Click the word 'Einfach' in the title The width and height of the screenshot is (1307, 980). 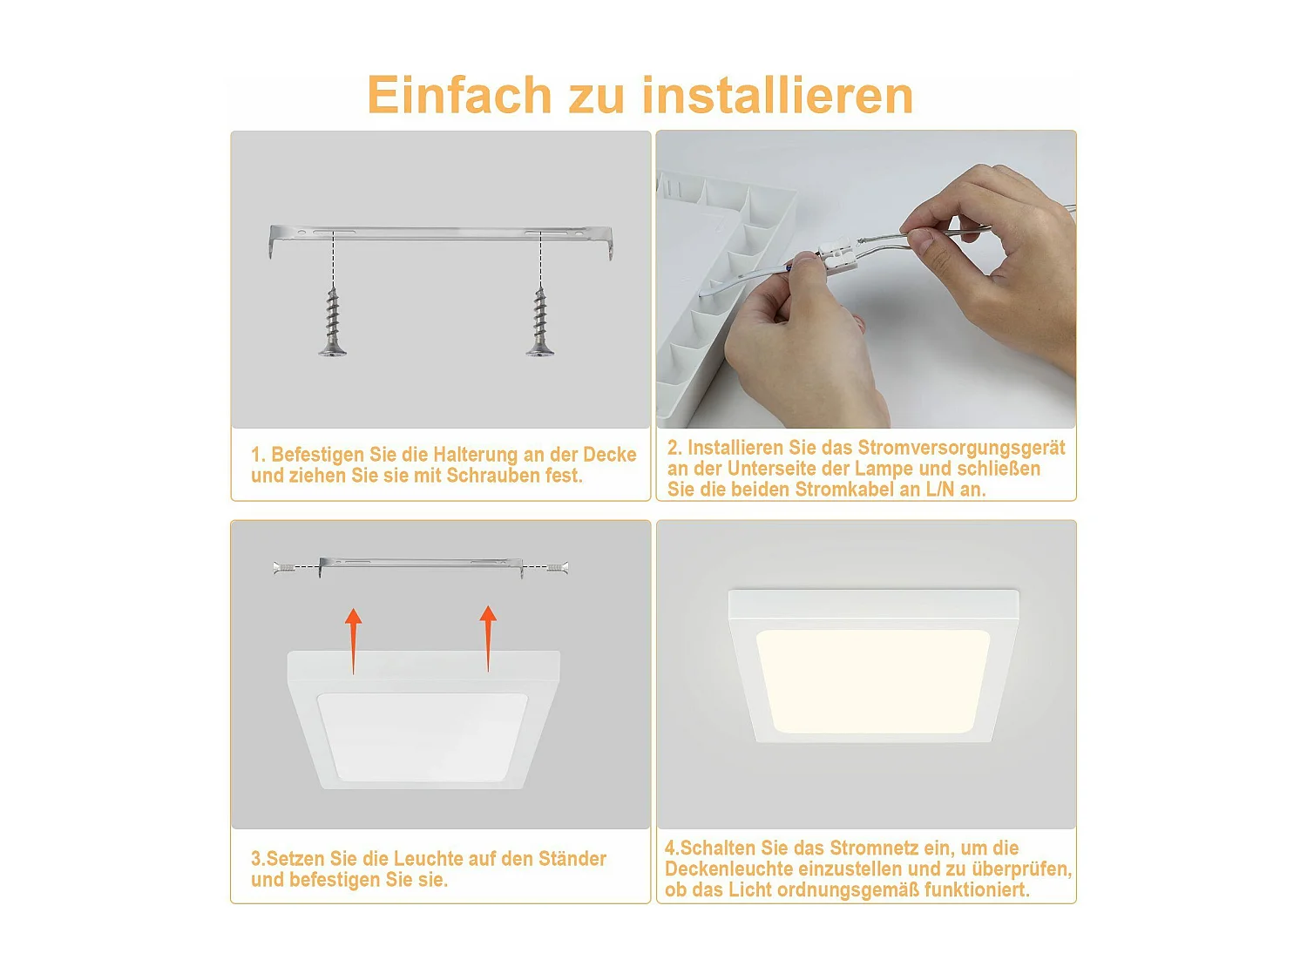pos(459,95)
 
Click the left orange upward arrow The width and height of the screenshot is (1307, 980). pos(353,640)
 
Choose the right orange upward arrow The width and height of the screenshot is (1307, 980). pos(488,639)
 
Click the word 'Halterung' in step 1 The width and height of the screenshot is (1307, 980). pos(475,455)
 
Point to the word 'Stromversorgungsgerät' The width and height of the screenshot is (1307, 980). pos(961,448)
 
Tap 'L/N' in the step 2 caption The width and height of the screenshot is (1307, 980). pos(939,490)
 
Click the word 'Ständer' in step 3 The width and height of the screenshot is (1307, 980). pos(572,859)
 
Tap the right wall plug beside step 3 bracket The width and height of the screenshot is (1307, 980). pos(556,567)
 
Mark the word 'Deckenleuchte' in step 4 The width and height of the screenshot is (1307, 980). pos(729,869)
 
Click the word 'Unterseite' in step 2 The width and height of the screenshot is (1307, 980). pos(771,469)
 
